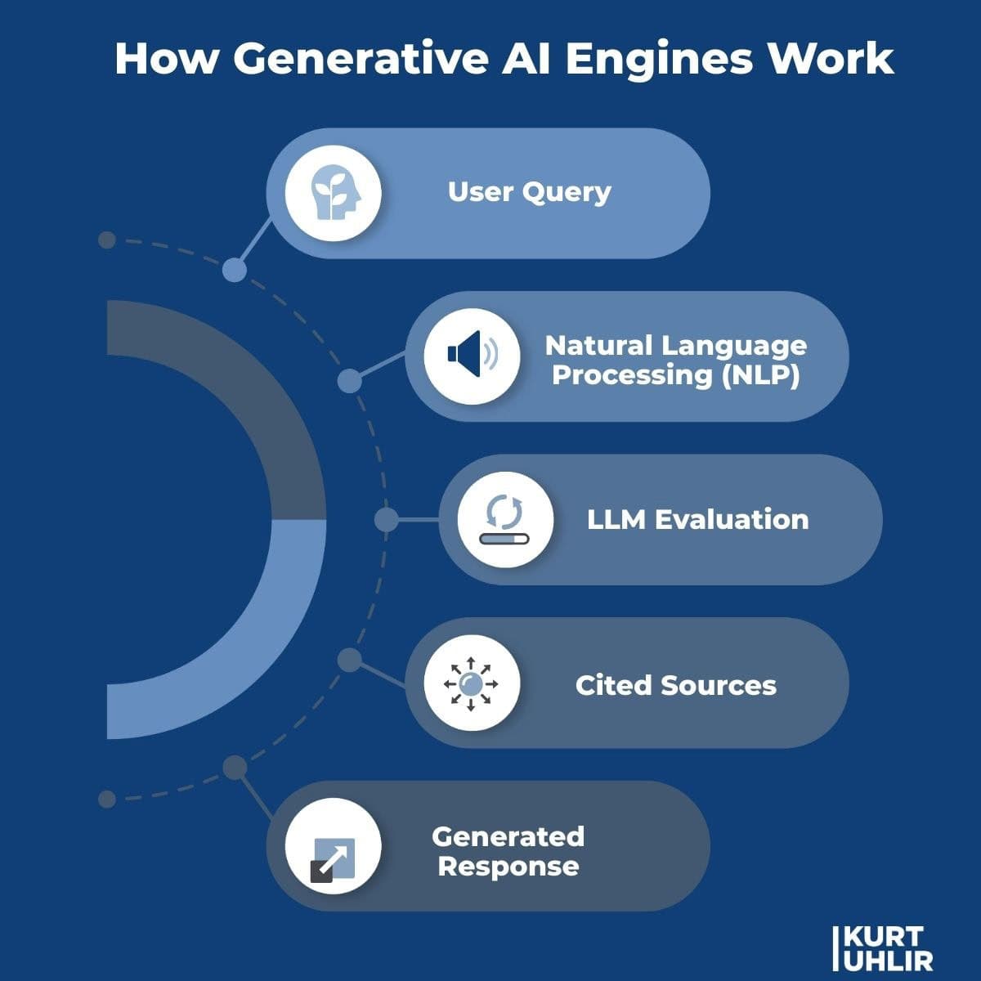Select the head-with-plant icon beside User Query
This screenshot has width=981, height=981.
click(x=333, y=195)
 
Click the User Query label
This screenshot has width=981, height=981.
click(x=529, y=192)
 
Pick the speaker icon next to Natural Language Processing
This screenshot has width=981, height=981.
click(x=472, y=356)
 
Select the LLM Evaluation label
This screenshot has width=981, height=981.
click(x=697, y=519)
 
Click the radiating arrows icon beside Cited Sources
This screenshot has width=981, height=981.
click(x=471, y=683)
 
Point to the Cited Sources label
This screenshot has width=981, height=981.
click(x=675, y=685)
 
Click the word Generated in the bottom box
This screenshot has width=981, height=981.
click(x=508, y=836)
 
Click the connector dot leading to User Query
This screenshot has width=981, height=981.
click(x=235, y=270)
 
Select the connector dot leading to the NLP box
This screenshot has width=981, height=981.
click(x=349, y=380)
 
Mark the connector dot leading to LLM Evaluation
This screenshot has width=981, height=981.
click(x=386, y=519)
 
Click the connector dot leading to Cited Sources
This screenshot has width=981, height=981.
click(x=349, y=660)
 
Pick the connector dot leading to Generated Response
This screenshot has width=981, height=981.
click(x=235, y=767)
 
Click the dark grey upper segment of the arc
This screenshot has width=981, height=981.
click(x=245, y=392)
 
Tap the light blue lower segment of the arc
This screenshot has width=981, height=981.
click(x=245, y=646)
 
